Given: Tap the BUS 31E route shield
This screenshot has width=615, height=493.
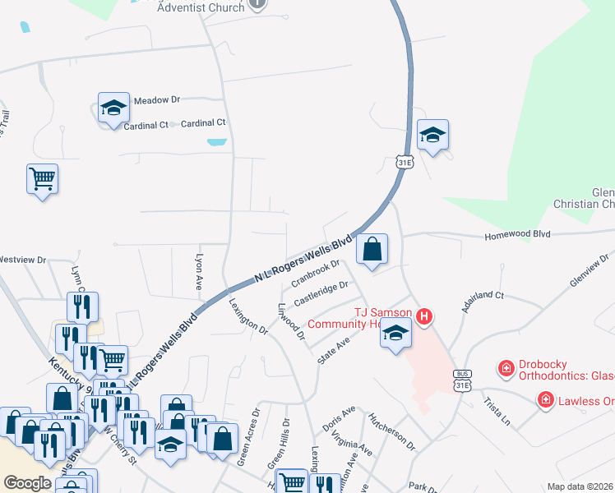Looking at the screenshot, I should (x=462, y=380).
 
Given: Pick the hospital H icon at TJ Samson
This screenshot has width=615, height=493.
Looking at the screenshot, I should (x=424, y=316).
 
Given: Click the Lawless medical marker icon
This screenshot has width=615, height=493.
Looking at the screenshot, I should (x=545, y=400).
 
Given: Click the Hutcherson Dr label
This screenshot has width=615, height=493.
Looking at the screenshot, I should (x=392, y=431).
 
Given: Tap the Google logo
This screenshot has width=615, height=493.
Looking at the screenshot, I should (x=27, y=483).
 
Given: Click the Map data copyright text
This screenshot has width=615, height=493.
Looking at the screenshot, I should (x=580, y=486).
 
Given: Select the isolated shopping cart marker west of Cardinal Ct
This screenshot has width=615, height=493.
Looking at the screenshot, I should (x=42, y=178).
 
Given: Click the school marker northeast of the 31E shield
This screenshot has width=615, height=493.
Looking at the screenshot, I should (x=432, y=135).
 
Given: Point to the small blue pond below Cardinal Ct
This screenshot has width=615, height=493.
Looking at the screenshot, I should (x=217, y=142).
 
